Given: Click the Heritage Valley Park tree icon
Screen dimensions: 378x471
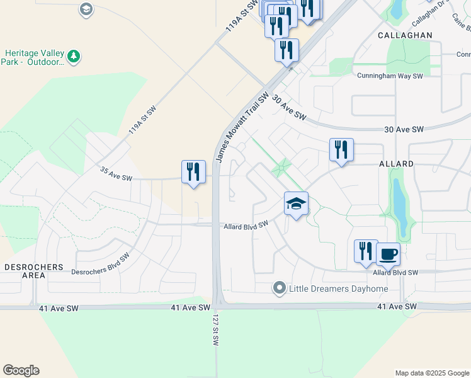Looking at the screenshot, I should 74,57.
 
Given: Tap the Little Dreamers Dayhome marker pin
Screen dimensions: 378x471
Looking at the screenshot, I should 280,289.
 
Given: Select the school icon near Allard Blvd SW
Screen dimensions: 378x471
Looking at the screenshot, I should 296,203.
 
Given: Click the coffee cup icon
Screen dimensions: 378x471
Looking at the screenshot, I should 388,254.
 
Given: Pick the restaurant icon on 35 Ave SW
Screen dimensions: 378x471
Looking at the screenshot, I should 193,171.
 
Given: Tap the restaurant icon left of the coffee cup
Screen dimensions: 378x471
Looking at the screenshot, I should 366,251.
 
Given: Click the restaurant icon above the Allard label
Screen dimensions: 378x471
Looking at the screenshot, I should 341,150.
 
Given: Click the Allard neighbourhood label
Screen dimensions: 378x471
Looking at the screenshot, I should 396,164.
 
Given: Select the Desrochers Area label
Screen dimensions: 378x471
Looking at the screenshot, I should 34,271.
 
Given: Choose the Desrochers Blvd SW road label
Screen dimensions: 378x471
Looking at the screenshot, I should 100,263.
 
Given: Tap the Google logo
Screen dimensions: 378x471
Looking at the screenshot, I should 21,370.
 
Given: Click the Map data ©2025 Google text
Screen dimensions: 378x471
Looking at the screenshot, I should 431,373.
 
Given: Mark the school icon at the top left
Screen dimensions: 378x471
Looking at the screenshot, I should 86,9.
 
